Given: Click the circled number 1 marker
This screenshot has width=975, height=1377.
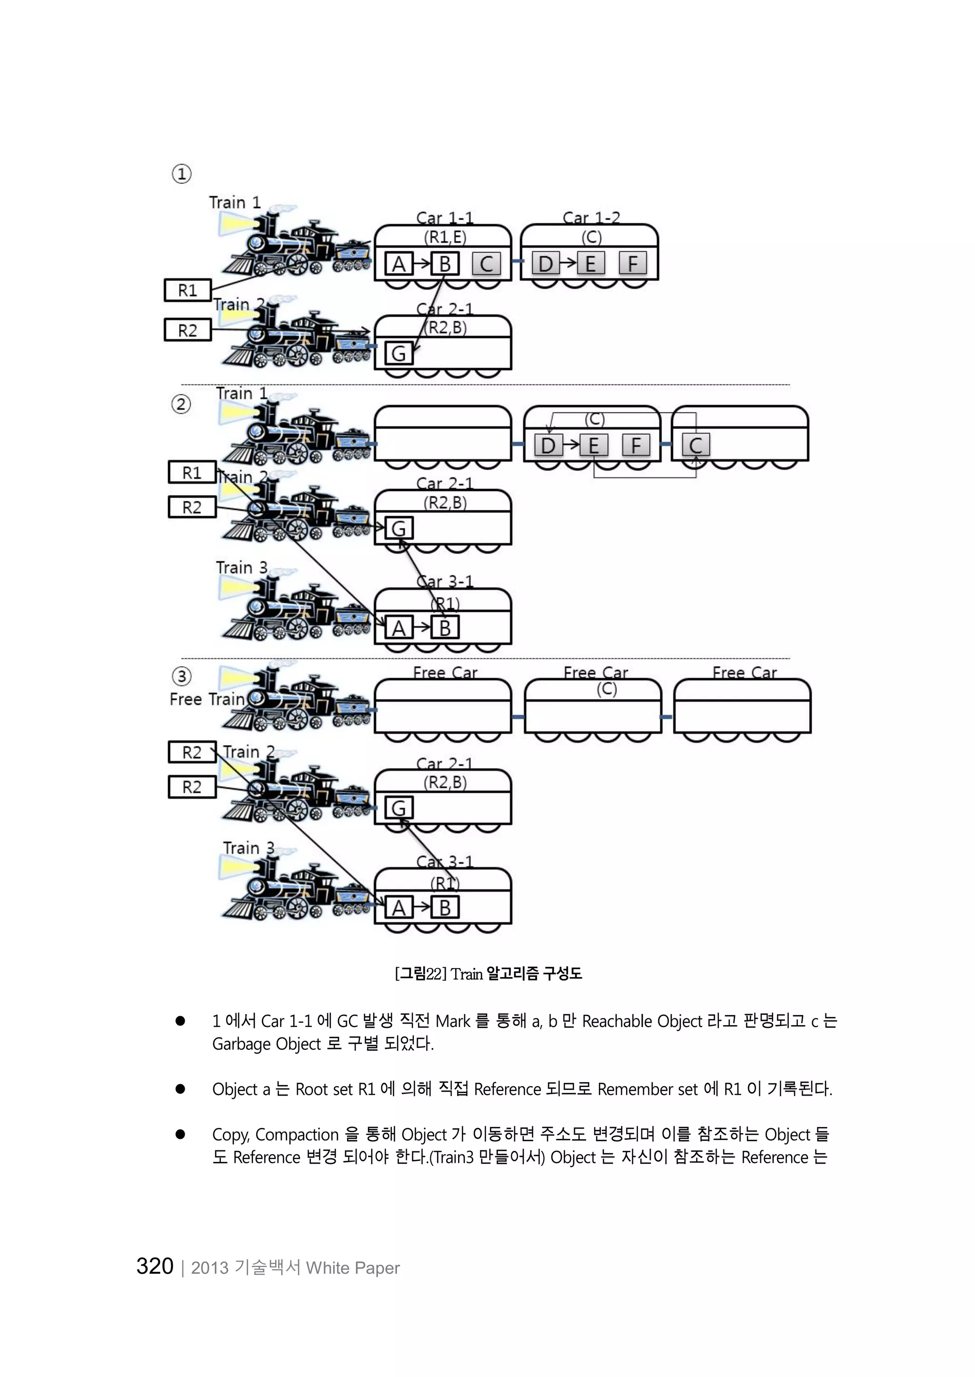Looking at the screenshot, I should tap(182, 174).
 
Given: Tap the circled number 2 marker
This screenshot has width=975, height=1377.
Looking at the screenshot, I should tap(181, 404).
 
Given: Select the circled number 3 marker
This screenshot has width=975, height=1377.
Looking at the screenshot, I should tap(182, 677).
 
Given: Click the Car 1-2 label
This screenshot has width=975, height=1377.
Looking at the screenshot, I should tap(591, 218).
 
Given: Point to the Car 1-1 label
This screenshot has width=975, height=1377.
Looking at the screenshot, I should tap(445, 218).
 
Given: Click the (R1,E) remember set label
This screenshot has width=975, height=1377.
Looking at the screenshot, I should tap(445, 237).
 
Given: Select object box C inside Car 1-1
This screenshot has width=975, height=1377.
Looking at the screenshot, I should tap(486, 264).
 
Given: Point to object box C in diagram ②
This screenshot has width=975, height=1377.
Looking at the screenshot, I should tap(696, 446).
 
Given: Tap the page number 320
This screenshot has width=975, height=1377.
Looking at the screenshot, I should tap(155, 1267).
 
